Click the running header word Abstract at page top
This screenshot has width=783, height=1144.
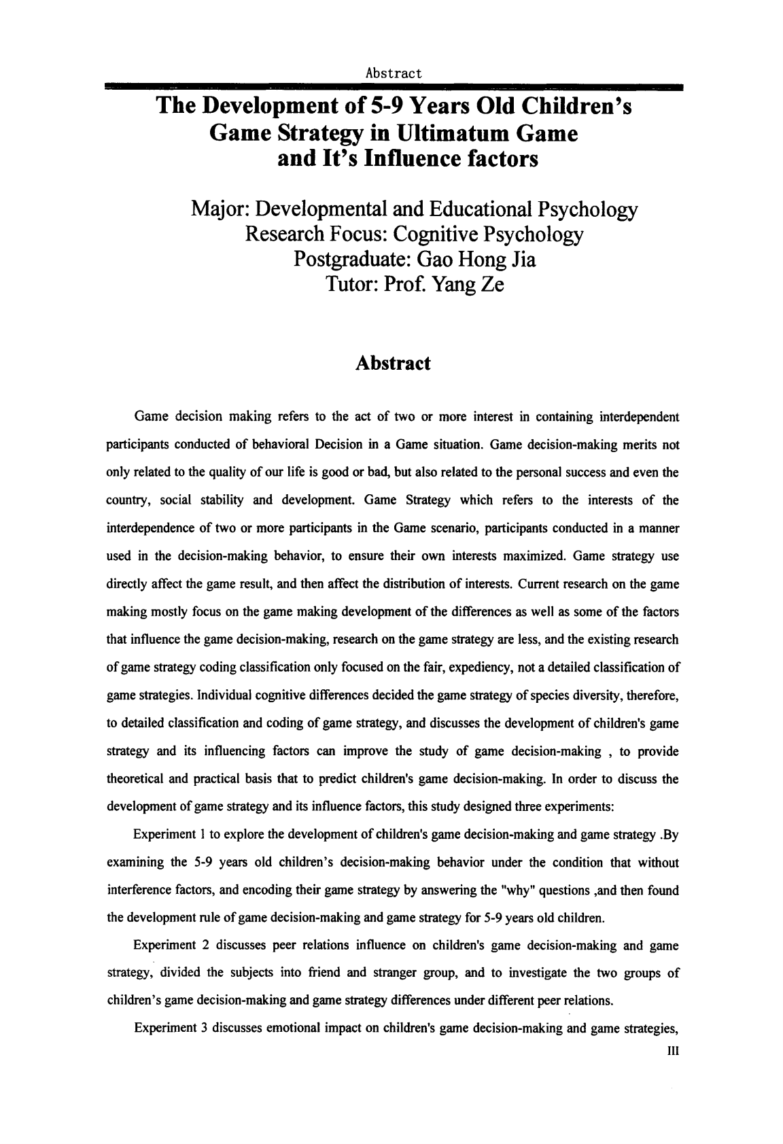coord(394,73)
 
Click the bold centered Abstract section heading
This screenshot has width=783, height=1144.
coord(393,363)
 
